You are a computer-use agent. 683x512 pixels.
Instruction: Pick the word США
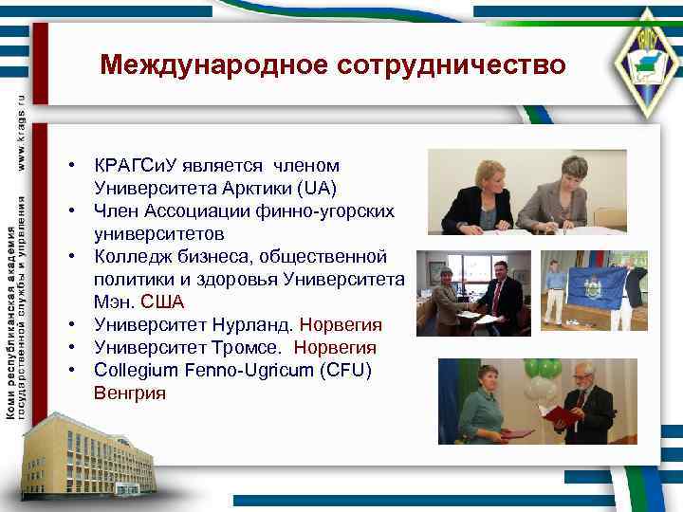point(162,302)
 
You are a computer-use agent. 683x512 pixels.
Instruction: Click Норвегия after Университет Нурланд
point(340,325)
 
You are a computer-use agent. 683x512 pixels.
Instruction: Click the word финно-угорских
point(340,210)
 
